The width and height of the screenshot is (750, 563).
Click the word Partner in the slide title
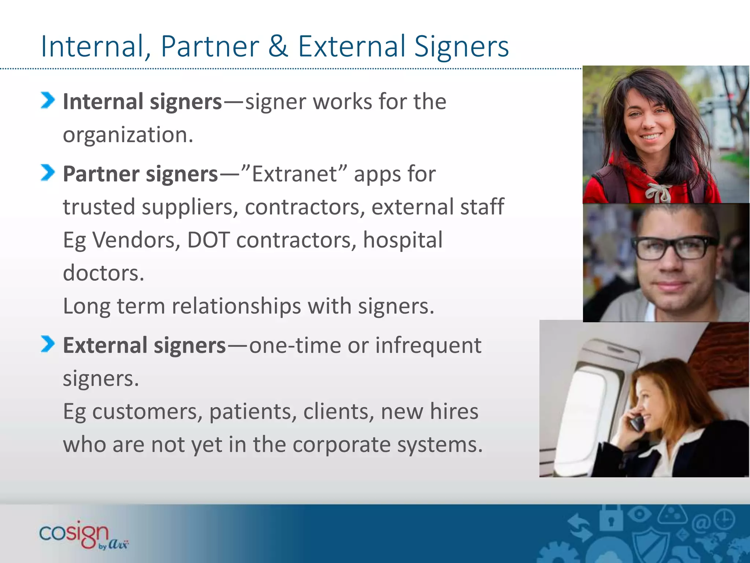[x=210, y=47]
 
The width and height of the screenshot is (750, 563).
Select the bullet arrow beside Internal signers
[x=48, y=100]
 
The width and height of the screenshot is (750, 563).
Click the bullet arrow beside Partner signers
[x=48, y=173]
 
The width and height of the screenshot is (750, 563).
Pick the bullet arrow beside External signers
[x=48, y=344]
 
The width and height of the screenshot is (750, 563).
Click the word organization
[x=128, y=135]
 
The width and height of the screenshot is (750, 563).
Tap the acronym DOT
[x=208, y=240]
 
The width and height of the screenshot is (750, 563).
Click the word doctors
[x=104, y=273]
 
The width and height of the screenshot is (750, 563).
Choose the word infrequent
[x=428, y=345]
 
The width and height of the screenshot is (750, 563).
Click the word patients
[x=253, y=411]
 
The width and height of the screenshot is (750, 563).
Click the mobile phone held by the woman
[x=637, y=422]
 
